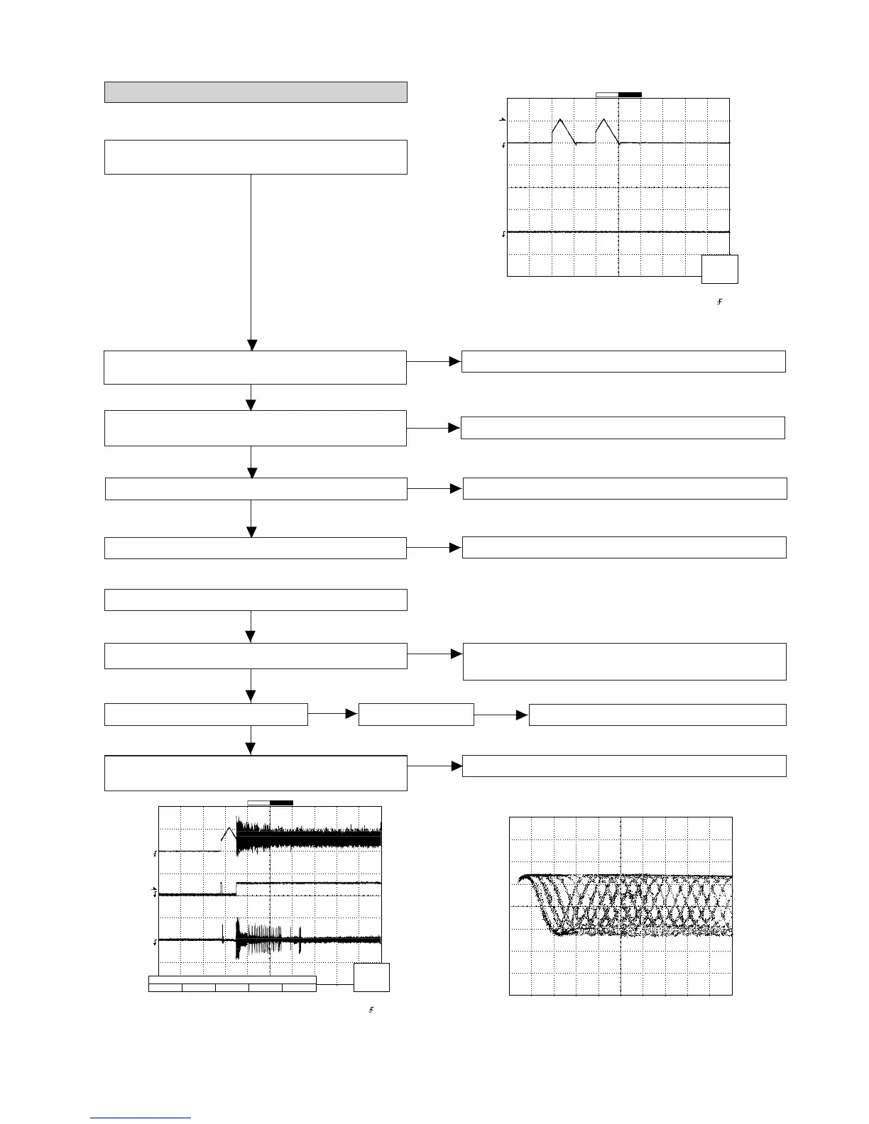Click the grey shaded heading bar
click(x=256, y=92)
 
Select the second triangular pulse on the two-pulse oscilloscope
click(x=606, y=130)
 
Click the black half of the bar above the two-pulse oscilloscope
click(x=630, y=94)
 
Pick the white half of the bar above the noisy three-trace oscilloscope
click(x=258, y=803)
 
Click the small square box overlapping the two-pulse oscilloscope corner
click(x=720, y=269)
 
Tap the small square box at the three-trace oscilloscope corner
click(x=371, y=977)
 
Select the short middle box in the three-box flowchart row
click(x=416, y=715)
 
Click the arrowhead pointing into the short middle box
click(x=351, y=715)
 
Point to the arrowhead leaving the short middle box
click(x=523, y=715)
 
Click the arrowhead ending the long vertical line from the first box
click(x=251, y=345)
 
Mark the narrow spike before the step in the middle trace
click(x=222, y=888)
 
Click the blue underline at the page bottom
click(x=141, y=1118)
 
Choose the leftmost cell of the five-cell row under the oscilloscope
click(x=165, y=987)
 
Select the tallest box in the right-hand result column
click(x=625, y=661)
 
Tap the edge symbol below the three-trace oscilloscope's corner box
click(x=371, y=1010)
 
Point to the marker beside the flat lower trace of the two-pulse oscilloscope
click(x=503, y=233)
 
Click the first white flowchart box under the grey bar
click(x=256, y=157)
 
